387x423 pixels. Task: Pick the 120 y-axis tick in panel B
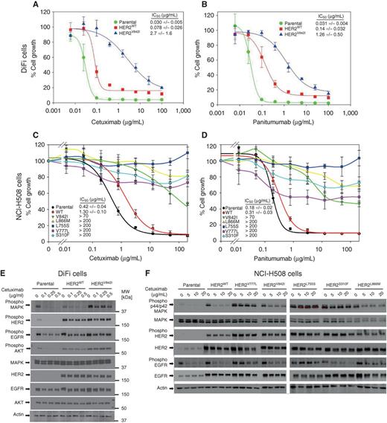(x=217, y=13)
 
